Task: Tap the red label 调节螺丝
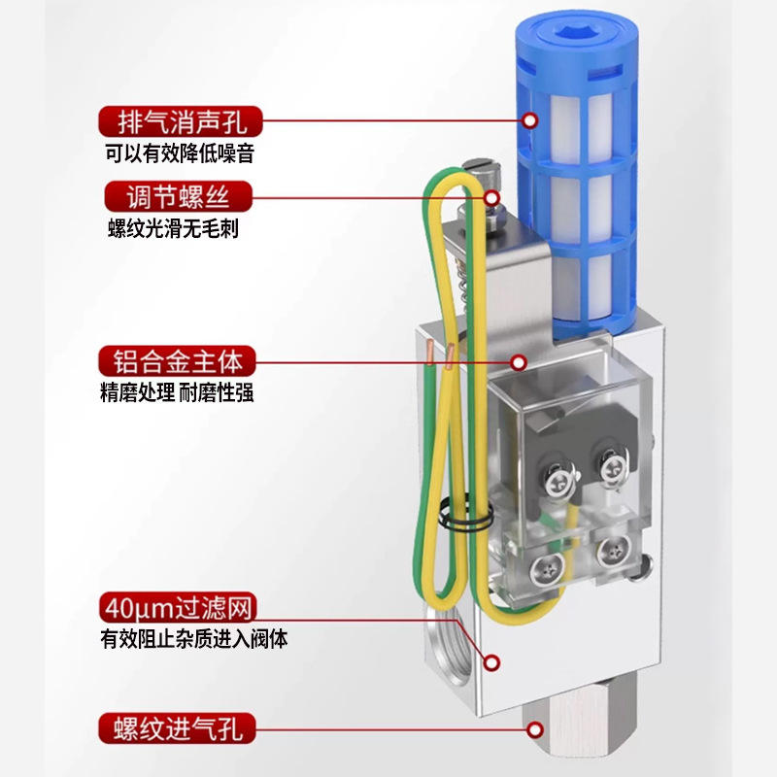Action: point(180,198)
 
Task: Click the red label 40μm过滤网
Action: point(179,610)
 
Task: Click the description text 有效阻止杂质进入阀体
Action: point(194,640)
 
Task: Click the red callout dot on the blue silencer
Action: point(530,120)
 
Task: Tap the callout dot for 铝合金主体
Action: point(518,362)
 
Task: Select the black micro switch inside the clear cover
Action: point(583,456)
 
